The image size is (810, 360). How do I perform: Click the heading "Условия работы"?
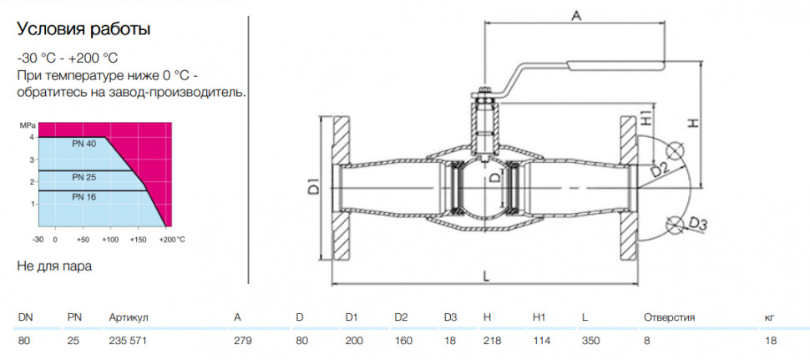click(84, 29)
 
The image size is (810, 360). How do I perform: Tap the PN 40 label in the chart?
click(84, 145)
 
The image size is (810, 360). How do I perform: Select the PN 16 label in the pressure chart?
click(84, 197)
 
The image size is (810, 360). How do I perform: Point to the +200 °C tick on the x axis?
click(172, 240)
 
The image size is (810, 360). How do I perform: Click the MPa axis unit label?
click(27, 125)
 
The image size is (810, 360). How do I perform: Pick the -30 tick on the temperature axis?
click(38, 240)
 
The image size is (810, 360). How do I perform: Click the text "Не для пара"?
click(55, 266)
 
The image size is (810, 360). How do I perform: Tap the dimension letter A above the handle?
click(576, 16)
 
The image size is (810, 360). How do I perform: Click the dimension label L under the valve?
click(486, 276)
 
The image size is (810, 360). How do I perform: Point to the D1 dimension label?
click(313, 186)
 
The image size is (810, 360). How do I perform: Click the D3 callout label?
click(697, 224)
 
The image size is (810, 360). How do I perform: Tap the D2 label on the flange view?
click(661, 169)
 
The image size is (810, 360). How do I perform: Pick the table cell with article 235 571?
click(124, 341)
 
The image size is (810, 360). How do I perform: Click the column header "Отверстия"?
click(669, 317)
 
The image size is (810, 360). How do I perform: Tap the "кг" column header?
click(770, 317)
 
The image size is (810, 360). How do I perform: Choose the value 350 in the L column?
click(590, 341)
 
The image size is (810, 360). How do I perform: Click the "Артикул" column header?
click(129, 318)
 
